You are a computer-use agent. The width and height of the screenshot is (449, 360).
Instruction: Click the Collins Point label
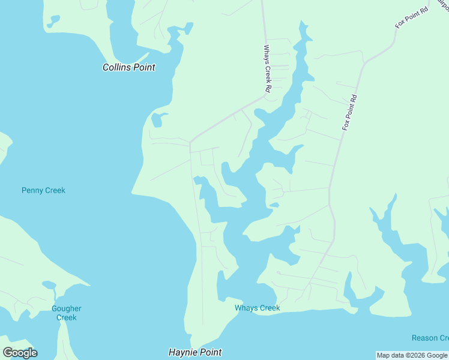pos(128,67)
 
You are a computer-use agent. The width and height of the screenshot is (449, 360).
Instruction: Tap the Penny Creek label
pos(43,190)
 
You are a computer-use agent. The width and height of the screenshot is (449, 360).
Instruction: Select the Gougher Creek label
pos(66,313)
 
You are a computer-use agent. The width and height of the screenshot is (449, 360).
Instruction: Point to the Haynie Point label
pos(195,352)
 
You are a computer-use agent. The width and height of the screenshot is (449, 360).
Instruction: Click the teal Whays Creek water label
pos(257,308)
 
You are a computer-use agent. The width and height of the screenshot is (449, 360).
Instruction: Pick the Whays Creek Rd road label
pos(268,69)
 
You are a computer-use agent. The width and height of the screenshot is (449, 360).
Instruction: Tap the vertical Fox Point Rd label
pos(350,113)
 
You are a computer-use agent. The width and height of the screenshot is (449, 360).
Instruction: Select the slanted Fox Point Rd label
pos(411,18)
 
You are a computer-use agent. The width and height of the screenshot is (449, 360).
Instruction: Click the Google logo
pos(20,353)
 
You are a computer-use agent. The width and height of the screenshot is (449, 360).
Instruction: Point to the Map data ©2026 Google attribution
pos(412,355)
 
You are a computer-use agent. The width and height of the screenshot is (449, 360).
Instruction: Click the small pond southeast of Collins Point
pos(157,119)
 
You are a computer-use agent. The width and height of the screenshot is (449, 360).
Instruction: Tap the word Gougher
pos(66,308)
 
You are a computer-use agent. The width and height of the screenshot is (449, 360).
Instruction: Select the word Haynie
pos(182,352)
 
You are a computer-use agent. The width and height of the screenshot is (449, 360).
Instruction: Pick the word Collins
pos(116,67)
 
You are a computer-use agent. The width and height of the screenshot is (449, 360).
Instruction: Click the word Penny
pos(32,190)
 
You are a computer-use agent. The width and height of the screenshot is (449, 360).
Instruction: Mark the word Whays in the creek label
pos(246,308)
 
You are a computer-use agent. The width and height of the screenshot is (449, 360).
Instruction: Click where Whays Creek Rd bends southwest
pos(265,95)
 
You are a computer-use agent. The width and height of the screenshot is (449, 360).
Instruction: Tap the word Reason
pos(425,338)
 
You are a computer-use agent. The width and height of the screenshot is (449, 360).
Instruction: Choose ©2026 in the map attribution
pos(409,355)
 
